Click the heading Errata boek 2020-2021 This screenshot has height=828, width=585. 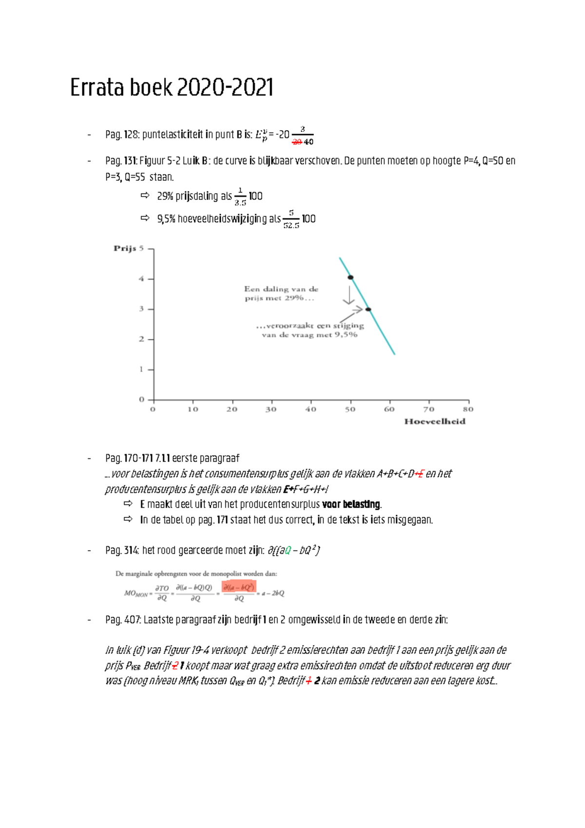coord(172,88)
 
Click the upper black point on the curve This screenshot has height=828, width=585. coord(351,277)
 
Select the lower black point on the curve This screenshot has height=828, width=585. coord(369,309)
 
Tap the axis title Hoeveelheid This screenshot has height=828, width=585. coord(434,421)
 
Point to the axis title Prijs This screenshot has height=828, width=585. coord(125,248)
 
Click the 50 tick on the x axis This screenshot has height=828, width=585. coord(350,409)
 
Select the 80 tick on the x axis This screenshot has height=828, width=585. coord(468,409)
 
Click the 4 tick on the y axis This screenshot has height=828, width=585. coord(142,279)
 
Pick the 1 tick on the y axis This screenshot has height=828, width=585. coord(142,369)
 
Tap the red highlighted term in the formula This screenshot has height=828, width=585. coord(239,587)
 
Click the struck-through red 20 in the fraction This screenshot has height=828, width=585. coord(296,142)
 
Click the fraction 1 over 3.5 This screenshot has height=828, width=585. coord(240,197)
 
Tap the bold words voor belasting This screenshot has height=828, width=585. coord(351,504)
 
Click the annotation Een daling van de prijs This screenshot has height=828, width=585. coord(281,293)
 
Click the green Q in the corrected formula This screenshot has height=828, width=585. coord(288,551)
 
